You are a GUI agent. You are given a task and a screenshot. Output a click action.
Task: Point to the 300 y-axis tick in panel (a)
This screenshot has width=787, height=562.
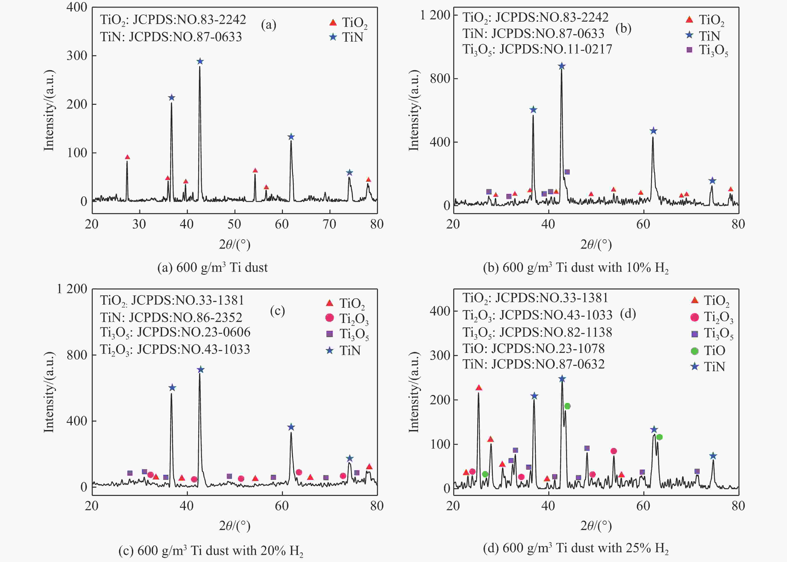[x=77, y=56]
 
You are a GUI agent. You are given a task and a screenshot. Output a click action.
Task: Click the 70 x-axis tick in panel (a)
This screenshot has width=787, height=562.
[x=329, y=224]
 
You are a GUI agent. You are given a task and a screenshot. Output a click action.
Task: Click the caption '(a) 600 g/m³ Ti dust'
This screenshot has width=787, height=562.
[x=212, y=268]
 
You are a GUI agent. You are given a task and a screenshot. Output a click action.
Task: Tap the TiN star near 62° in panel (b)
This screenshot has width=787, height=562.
[x=653, y=131]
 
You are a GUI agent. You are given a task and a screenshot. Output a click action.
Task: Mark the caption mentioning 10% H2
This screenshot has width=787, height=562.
[x=575, y=268]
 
